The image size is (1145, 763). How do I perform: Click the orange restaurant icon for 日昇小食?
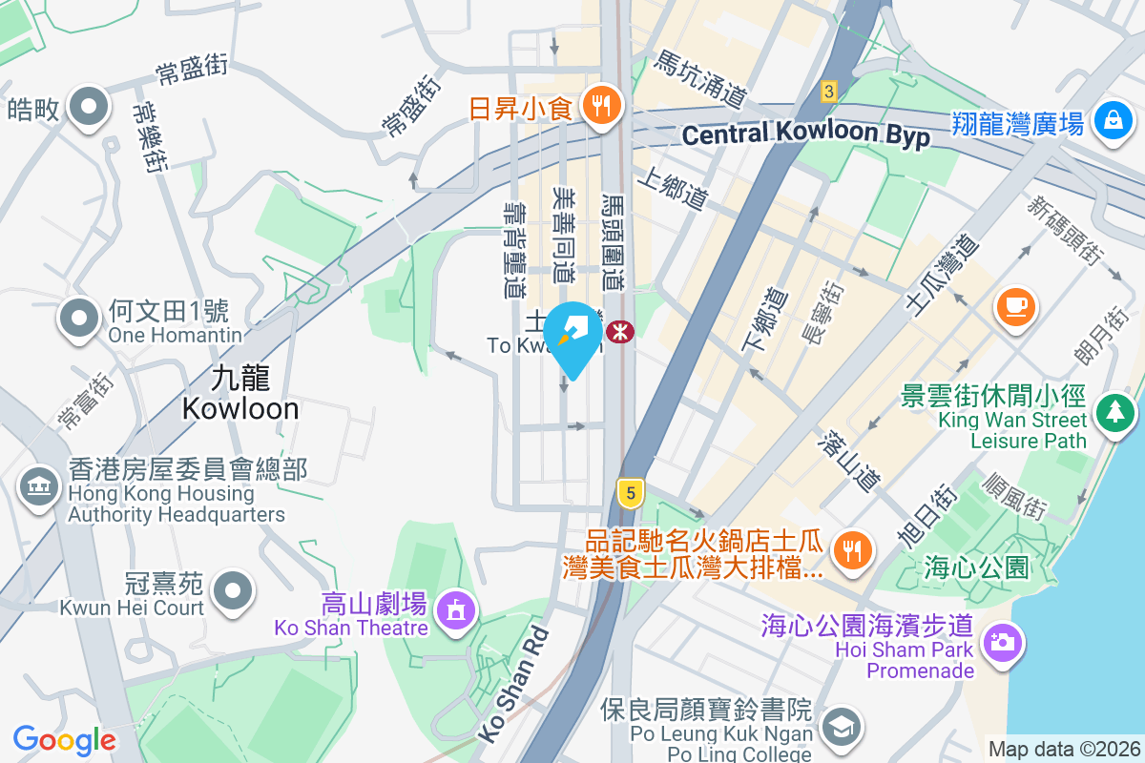(600, 105)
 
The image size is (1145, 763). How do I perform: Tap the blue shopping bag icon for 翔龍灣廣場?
(1113, 121)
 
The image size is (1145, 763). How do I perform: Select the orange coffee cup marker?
(1015, 307)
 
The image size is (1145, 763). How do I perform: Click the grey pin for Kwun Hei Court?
(232, 590)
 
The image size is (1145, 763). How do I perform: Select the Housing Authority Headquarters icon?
(38, 487)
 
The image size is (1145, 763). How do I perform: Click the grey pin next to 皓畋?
(88, 107)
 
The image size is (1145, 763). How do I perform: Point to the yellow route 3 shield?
(828, 92)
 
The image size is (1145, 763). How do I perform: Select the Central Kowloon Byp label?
(805, 134)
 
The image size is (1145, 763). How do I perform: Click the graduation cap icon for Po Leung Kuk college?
(842, 728)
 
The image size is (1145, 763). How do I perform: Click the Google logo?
(65, 739)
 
